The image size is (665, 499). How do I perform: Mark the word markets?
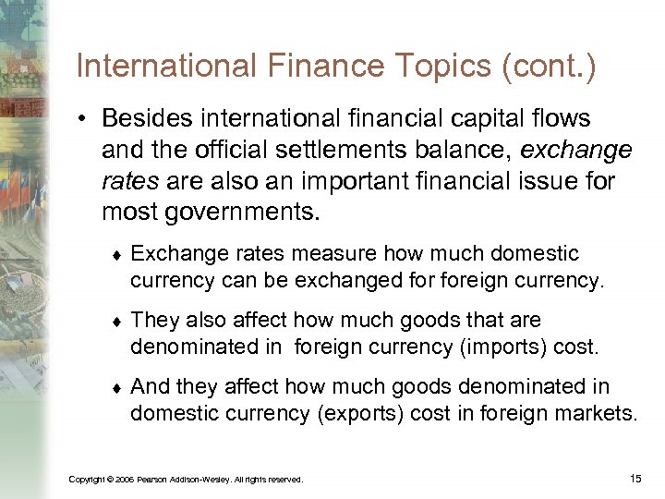click(599, 413)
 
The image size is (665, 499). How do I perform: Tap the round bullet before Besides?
click(84, 120)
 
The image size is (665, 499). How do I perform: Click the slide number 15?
click(635, 478)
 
